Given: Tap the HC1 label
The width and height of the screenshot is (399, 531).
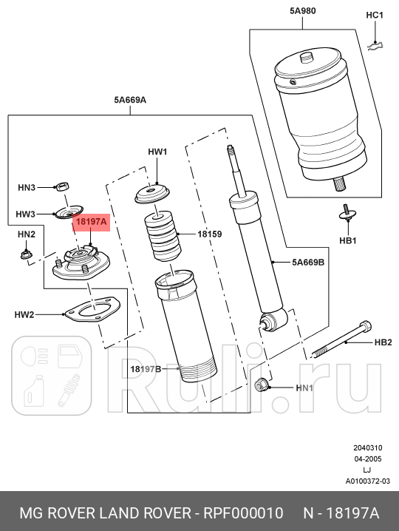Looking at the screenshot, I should point(375,16).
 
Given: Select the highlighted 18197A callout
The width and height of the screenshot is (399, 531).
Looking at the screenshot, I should point(90,221).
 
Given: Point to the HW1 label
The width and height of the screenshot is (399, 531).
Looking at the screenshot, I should point(158,152).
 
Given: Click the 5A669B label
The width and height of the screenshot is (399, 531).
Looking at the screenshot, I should point(308,262).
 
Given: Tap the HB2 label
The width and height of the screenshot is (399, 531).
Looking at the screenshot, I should point(383,342).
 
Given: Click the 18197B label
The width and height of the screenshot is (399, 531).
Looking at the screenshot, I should point(146,369).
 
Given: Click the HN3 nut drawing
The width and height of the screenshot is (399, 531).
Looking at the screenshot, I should point(64,187).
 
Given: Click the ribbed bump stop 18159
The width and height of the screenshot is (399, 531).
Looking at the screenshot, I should point(163,236).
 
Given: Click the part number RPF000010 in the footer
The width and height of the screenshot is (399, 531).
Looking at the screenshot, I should point(244,513).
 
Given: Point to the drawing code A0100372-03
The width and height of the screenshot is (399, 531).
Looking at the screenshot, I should point(367,481).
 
